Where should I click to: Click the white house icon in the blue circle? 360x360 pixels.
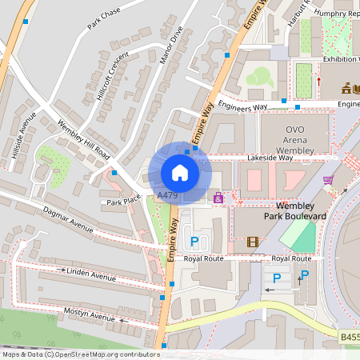[x=180, y=172]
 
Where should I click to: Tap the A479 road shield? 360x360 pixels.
[x=167, y=195]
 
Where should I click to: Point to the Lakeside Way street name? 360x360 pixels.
[x=270, y=158]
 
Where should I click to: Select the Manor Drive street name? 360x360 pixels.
[x=171, y=45]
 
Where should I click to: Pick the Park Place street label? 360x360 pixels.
[x=124, y=201]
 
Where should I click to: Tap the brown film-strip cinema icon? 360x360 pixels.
[x=254, y=242]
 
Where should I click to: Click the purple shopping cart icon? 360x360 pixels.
[x=328, y=180]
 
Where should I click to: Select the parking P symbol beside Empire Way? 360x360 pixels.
[x=193, y=241]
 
